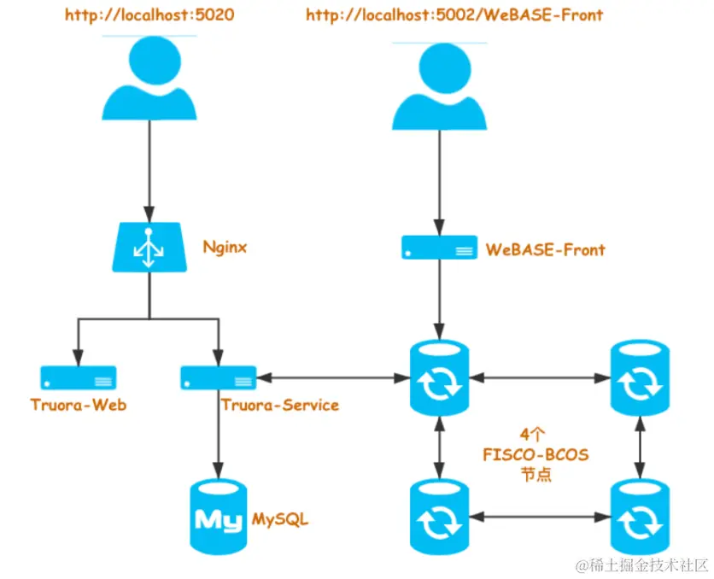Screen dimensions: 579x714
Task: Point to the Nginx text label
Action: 225,248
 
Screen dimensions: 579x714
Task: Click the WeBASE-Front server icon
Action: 439,249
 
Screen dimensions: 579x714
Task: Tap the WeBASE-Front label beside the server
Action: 545,250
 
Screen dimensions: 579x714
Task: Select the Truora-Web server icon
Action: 78,377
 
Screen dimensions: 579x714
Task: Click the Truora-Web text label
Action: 78,405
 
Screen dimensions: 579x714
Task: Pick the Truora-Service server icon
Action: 219,377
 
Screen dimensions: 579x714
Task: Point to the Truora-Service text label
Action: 279,405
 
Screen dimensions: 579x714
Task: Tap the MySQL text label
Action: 280,519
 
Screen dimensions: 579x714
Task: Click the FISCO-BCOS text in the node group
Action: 535,455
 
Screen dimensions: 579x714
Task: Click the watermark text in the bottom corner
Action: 641,564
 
